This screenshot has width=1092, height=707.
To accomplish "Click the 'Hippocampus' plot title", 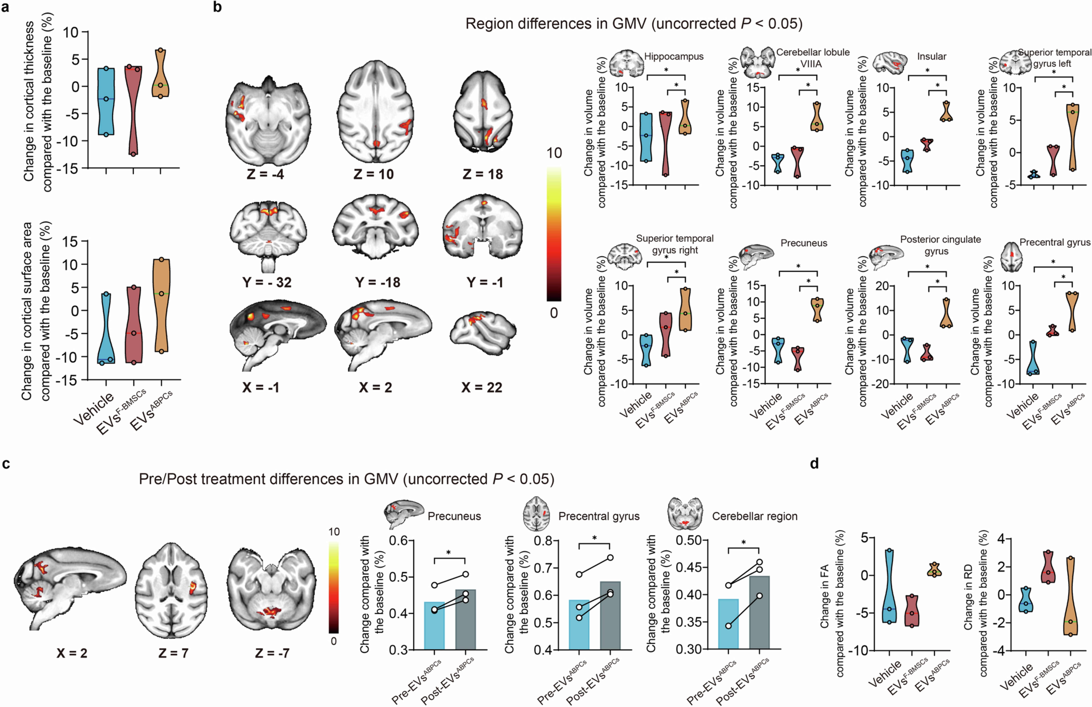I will point(674,57).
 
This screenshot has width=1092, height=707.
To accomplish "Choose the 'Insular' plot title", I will point(932,57).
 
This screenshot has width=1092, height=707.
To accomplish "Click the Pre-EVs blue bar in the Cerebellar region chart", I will point(728,624).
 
